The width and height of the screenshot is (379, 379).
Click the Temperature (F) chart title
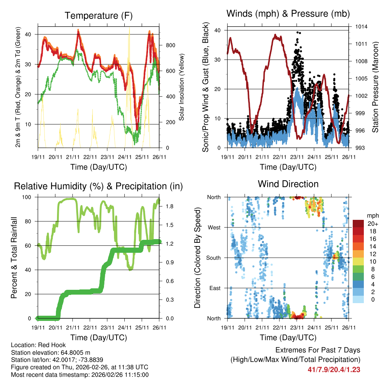pos(98,16)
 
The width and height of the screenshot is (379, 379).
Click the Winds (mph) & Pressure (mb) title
pos(288,14)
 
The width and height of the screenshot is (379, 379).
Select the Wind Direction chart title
pos(288,184)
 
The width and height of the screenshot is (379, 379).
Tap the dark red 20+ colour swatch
pos(359,224)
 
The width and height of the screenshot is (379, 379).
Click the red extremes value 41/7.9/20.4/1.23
pos(334,369)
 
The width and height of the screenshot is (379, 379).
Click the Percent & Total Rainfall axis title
pos(14,258)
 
